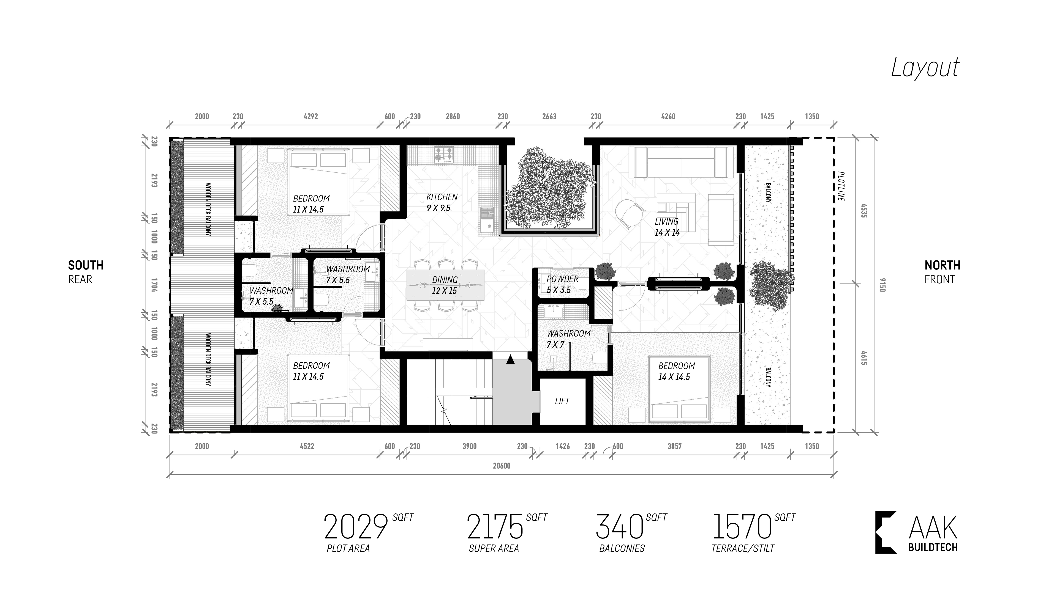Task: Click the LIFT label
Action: tap(562, 401)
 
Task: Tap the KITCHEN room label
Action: tap(442, 197)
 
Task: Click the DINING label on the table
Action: tap(445, 280)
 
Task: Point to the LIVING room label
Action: tap(666, 222)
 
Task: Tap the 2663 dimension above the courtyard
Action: tap(549, 116)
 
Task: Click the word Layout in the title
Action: tap(925, 68)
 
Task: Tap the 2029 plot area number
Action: tap(356, 527)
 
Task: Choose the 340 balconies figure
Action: tap(619, 527)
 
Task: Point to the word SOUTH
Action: tap(86, 265)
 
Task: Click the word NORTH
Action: tap(942, 265)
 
